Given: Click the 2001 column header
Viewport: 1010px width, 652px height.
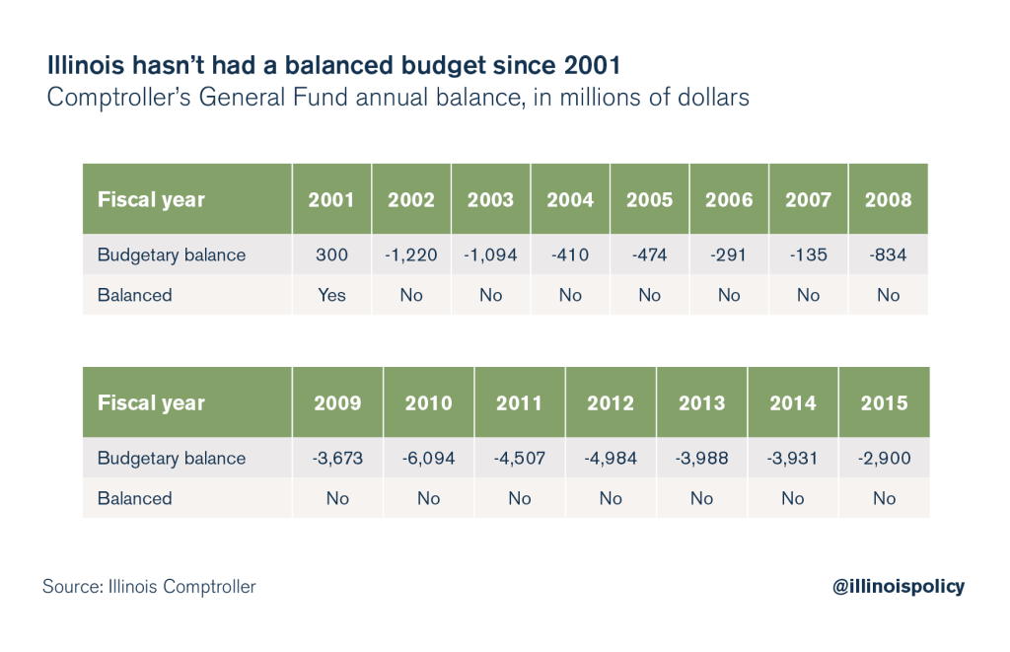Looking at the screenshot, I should point(331,199).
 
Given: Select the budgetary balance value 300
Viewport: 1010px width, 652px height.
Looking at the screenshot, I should point(331,255).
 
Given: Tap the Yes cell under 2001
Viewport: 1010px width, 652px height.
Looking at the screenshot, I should point(331,295).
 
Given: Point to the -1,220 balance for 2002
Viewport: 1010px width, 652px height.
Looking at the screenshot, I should point(411,255).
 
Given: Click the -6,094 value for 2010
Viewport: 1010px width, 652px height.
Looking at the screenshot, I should point(428,459).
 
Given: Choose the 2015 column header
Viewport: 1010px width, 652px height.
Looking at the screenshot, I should point(884,402).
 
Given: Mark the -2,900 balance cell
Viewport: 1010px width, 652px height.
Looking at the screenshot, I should point(884,459).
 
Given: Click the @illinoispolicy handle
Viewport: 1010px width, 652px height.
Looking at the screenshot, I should point(899,586).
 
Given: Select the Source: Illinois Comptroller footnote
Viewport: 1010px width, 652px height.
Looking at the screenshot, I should point(149,587).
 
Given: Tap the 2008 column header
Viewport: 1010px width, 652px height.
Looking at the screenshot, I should point(888,199).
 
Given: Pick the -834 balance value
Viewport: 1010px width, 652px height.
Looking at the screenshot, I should point(888,255).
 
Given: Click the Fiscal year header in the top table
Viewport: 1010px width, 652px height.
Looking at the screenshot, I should point(151,199).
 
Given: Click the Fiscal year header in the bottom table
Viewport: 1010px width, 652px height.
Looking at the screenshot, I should point(151,402).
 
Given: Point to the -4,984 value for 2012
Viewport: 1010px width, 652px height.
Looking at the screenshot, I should point(611,459).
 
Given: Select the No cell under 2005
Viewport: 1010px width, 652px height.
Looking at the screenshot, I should point(649,295).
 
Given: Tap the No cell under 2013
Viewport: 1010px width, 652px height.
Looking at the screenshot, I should point(701,498).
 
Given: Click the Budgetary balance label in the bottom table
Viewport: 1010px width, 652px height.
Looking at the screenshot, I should point(171,459).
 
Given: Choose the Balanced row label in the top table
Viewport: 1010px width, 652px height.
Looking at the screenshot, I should point(134,295).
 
